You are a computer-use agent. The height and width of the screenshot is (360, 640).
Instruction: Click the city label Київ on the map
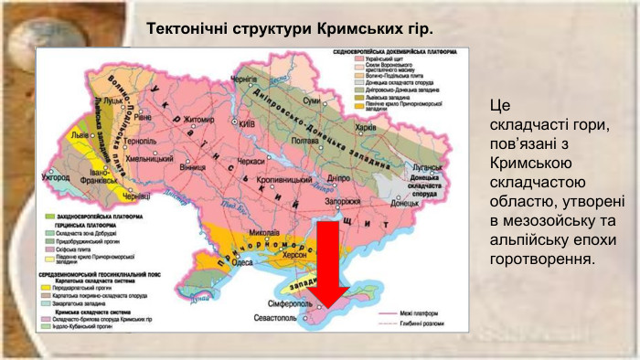247,123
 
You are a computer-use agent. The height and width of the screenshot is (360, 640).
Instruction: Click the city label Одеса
243,261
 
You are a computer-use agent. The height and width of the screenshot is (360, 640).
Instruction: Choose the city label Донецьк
404,203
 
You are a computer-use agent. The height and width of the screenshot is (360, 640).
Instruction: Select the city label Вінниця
193,168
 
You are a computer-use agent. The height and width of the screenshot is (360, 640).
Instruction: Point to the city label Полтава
304,141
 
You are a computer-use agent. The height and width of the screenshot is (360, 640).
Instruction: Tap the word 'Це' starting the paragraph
499,105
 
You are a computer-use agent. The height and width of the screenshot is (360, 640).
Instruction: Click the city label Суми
312,100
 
